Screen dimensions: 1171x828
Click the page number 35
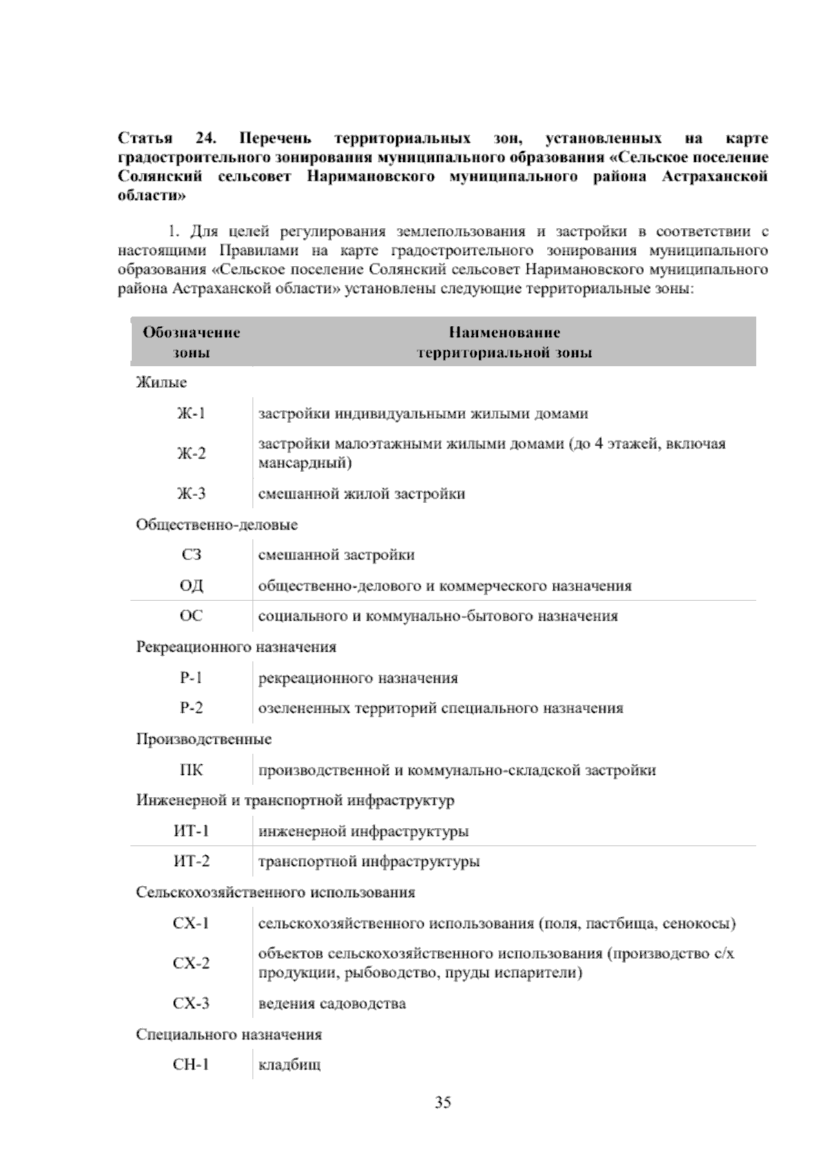[x=443, y=1102]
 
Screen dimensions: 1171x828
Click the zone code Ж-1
[x=191, y=414]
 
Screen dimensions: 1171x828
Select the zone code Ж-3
[x=191, y=494]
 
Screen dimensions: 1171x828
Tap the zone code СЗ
[x=191, y=555]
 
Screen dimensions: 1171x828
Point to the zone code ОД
[x=191, y=586]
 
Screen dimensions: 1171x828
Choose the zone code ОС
[x=191, y=616]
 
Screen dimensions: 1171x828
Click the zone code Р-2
[x=191, y=708]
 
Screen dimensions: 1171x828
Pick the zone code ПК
[x=191, y=770]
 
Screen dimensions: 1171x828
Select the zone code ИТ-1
[x=191, y=831]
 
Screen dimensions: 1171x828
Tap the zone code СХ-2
[x=191, y=963]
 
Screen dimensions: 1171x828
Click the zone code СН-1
[x=191, y=1065]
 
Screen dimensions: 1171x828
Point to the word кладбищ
[x=289, y=1065]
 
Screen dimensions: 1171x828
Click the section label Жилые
[x=161, y=382]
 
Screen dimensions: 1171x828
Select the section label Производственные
[x=204, y=739]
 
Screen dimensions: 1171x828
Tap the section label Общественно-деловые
[x=217, y=525]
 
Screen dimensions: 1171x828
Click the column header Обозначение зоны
[x=191, y=343]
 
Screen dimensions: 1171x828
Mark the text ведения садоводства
[x=332, y=1003]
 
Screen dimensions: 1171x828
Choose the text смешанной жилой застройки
[x=361, y=494]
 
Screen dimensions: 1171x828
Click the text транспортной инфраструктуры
[x=368, y=861]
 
